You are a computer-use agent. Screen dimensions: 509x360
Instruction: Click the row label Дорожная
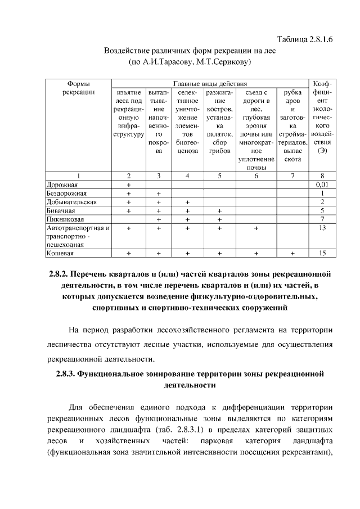click(62, 184)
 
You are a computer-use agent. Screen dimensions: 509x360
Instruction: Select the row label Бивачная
click(61, 210)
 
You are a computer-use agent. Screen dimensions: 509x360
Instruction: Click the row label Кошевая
click(60, 254)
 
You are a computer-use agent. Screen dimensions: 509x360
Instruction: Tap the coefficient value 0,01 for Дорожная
click(322, 184)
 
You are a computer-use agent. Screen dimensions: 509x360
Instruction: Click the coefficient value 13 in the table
click(322, 228)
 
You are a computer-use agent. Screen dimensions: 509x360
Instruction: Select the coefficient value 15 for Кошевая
click(322, 254)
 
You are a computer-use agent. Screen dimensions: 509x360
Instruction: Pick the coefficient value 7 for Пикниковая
click(322, 219)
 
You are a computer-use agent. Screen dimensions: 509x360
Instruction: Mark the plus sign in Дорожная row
click(129, 184)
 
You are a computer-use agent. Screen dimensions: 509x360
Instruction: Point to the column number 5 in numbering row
click(219, 175)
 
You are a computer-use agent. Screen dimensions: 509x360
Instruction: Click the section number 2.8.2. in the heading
click(60, 274)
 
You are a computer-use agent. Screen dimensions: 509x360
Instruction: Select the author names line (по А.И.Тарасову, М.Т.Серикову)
click(190, 61)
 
